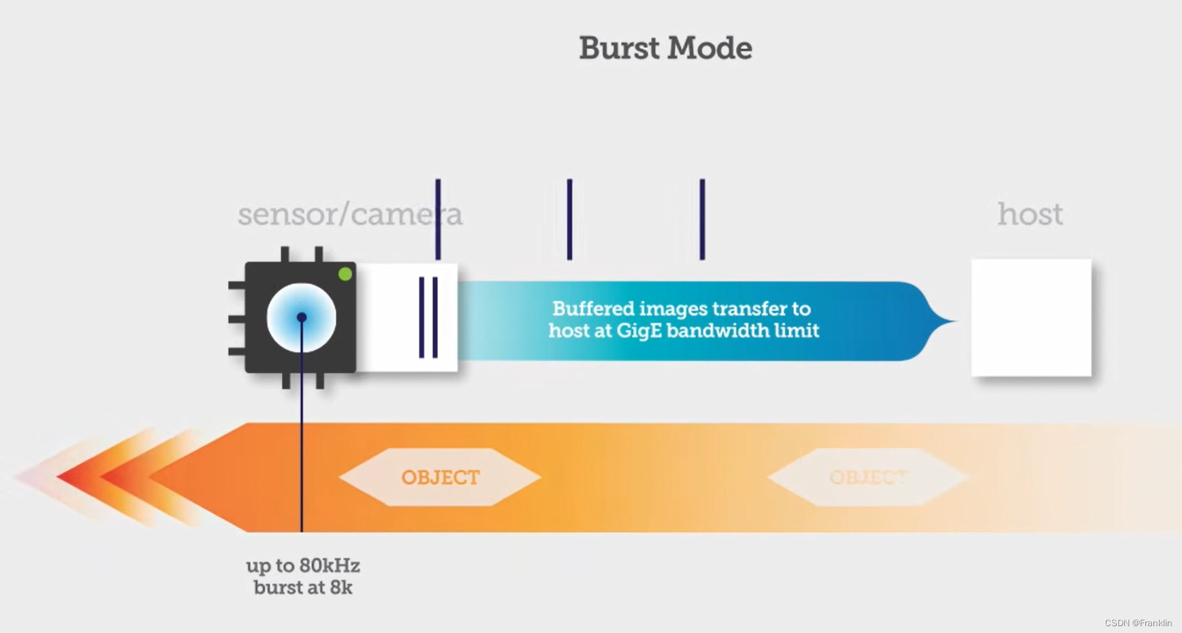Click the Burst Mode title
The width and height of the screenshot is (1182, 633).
665,48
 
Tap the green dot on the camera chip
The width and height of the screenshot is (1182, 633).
345,274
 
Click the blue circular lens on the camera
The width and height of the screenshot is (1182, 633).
301,318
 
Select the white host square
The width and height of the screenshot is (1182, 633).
1031,318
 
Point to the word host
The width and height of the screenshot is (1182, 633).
1029,215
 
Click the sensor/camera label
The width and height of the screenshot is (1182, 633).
349,215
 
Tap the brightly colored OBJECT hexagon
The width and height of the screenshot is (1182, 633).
440,477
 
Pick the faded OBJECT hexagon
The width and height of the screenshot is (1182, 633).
867,477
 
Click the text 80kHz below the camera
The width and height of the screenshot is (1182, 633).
330,566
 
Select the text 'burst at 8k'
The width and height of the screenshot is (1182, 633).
303,587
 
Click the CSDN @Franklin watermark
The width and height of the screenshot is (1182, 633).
1138,623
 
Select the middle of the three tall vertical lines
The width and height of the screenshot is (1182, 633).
570,219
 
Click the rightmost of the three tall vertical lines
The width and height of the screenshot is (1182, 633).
702,219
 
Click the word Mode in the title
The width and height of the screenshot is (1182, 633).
709,48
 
